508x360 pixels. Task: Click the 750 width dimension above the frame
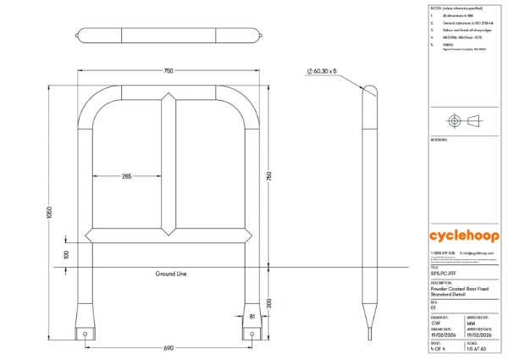169,71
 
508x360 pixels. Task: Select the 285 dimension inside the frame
127,176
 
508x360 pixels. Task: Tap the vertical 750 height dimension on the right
270,176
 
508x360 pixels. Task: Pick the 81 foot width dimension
251,317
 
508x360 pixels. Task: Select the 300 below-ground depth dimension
270,302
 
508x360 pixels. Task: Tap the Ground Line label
170,274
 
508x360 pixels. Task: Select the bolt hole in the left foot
86,334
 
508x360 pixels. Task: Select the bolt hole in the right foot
254,334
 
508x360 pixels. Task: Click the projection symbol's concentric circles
454,121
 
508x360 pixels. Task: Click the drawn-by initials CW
435,323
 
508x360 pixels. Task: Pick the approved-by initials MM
471,323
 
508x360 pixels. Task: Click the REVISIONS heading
439,138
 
